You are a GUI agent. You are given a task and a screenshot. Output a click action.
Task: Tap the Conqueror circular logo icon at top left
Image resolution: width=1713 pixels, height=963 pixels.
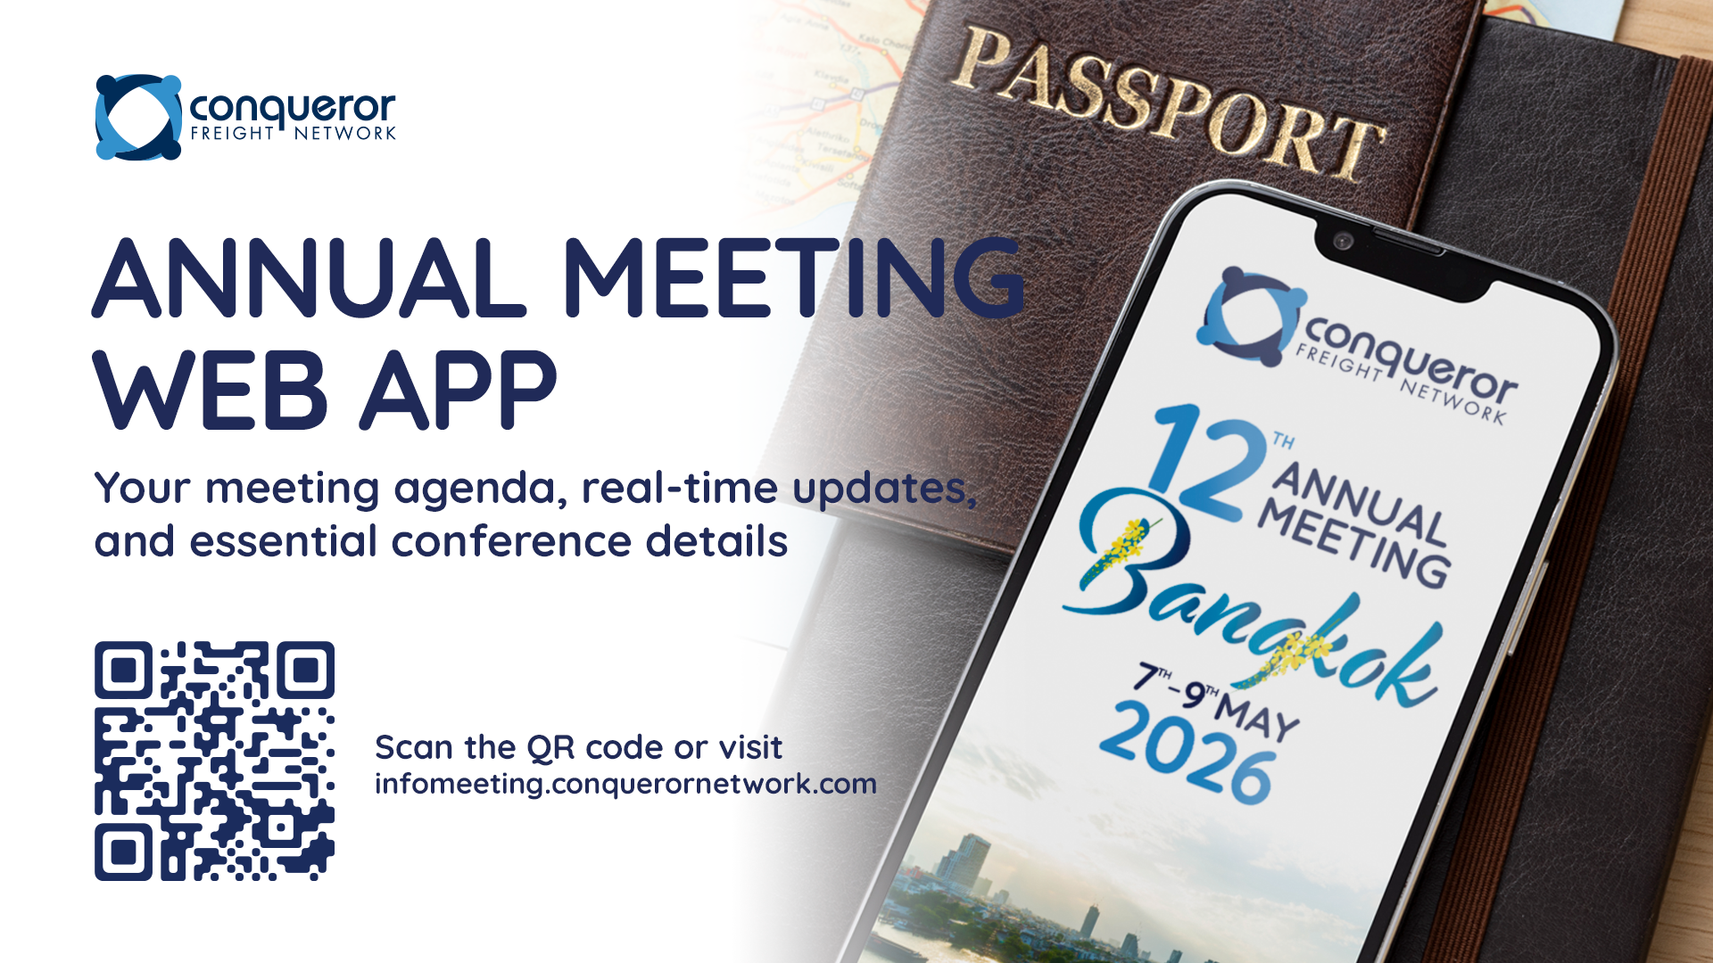(138, 117)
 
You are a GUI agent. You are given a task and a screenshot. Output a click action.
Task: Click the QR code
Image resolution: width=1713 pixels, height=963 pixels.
(214, 761)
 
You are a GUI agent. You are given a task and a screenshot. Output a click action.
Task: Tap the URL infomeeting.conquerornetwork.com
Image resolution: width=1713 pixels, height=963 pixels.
(625, 784)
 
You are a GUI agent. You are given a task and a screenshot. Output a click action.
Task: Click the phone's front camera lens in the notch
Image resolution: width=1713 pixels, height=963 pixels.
(1343, 241)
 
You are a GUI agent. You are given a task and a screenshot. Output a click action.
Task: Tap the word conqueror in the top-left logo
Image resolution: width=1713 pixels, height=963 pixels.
(292, 109)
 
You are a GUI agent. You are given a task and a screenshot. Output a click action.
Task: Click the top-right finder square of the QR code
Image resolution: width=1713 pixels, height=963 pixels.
(305, 671)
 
